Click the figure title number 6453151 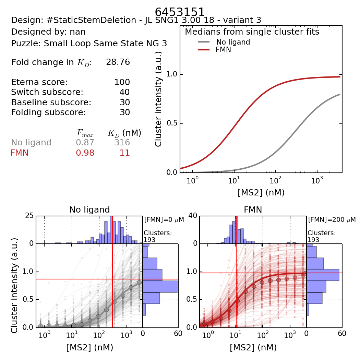180,12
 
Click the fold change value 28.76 118,62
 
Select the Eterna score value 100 122,82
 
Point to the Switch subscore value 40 124,92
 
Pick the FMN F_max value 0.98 85,153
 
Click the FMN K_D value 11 125,153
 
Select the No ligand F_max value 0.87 85,143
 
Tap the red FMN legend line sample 204,50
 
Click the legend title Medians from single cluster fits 252,32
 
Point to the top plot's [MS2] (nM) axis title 261,193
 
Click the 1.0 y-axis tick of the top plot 171,74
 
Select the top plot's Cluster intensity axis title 158,99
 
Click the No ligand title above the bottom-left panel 89,209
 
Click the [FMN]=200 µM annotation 332,219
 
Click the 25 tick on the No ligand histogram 29,216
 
